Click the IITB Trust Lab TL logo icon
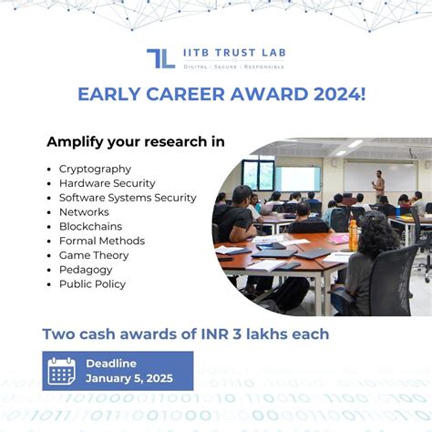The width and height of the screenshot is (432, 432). (160, 58)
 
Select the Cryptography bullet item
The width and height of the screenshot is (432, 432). (95, 169)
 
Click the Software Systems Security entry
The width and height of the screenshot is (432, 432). (128, 198)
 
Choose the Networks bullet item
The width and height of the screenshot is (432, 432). (84, 212)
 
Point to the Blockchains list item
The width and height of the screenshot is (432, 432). (90, 226)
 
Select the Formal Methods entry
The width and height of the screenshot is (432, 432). (101, 241)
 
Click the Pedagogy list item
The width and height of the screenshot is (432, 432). (86, 270)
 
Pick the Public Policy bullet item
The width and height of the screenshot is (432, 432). (93, 284)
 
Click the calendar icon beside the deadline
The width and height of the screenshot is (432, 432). (61, 371)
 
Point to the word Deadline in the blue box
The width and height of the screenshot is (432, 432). (112, 364)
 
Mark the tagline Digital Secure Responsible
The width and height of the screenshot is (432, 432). (234, 67)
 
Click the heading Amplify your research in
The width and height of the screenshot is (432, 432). (136, 142)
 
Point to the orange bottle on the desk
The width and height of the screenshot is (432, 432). (352, 233)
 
